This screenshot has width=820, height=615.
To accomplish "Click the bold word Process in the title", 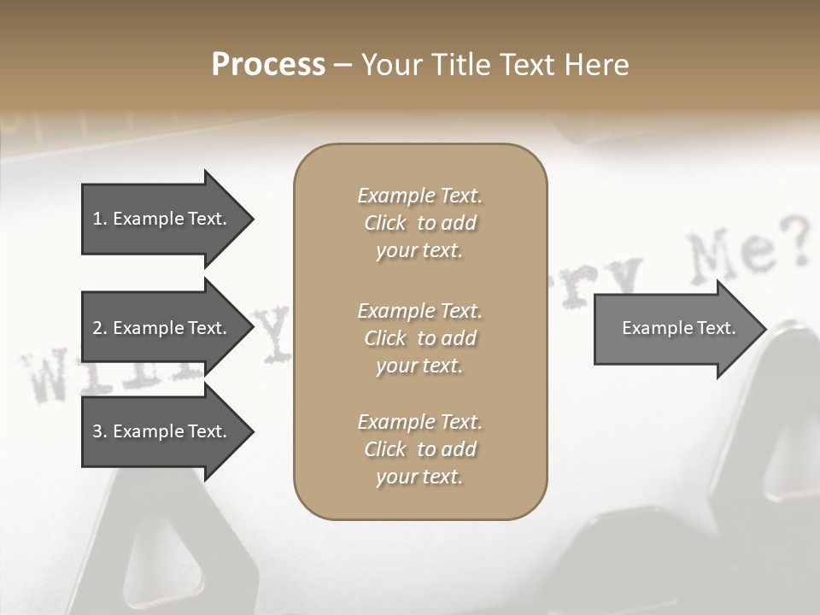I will pos(268,65).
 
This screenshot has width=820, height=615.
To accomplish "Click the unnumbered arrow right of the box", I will pos(675,328).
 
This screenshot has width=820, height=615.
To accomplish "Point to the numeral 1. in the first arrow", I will pos(100,219).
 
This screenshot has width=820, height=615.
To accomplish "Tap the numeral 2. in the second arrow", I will pos(100,328).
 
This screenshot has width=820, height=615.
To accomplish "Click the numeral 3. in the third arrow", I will pos(100,431).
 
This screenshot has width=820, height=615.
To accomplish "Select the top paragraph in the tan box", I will pos(419,223).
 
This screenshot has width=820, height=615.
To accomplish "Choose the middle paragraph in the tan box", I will pos(419,338).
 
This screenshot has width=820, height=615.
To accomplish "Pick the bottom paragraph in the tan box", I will pos(419,449).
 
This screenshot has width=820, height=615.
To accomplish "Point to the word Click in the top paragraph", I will pos(385,223).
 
